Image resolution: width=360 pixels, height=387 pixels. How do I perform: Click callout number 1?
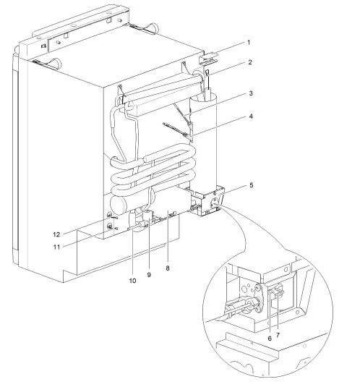tap(249, 43)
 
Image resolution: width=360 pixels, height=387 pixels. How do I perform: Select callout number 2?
tap(250, 62)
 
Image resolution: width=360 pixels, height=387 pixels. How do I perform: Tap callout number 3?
tap(251, 93)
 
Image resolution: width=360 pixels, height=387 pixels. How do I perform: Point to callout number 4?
tap(251, 116)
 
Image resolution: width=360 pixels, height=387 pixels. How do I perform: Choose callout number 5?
tap(252, 185)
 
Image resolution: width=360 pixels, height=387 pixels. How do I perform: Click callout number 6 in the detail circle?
tap(270, 339)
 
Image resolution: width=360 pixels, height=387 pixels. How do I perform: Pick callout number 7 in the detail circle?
tap(278, 335)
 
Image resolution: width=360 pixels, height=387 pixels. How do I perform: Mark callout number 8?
tap(168, 268)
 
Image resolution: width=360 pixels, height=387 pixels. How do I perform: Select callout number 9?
tap(149, 274)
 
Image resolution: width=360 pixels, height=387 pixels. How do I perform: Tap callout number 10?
tap(132, 281)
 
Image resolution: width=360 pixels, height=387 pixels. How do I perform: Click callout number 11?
tap(57, 247)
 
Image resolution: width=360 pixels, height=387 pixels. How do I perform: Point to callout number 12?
tap(56, 234)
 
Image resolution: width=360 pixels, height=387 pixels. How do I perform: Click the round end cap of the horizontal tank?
tap(118, 205)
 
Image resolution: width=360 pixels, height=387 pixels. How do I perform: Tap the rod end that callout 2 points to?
tap(207, 73)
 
